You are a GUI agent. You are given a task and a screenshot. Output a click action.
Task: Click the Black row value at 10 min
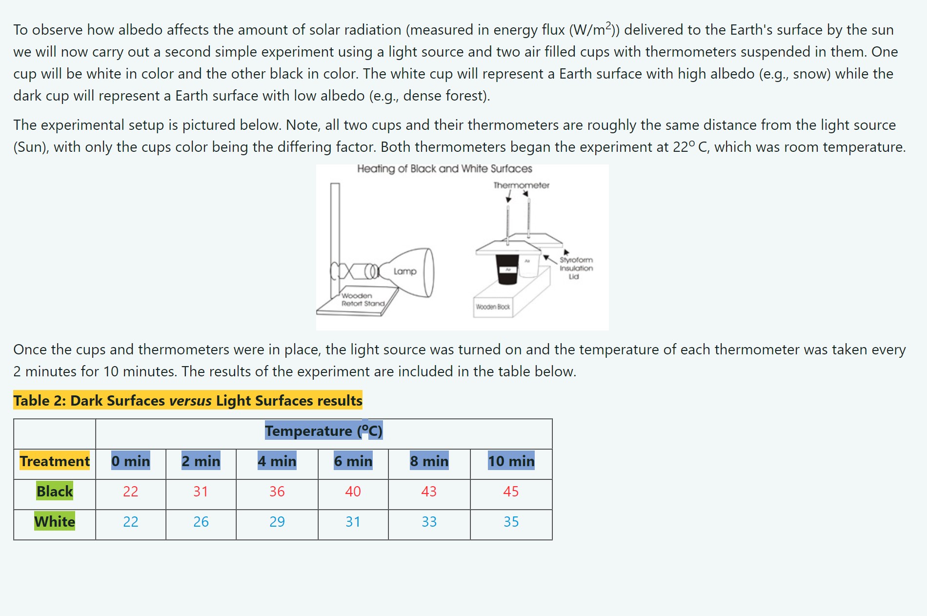511,492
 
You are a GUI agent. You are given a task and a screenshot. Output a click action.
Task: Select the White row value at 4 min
277,522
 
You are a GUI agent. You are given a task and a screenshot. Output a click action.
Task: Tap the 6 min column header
353,461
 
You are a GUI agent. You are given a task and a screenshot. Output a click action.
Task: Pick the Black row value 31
201,492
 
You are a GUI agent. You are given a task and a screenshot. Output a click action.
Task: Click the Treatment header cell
55,461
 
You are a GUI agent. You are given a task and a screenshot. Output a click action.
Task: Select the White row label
55,522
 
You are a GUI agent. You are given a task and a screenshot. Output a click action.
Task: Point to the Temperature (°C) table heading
323,431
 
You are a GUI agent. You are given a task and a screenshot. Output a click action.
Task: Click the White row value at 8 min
429,522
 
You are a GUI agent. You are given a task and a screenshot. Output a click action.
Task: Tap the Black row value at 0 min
130,492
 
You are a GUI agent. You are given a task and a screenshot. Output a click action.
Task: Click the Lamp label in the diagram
405,271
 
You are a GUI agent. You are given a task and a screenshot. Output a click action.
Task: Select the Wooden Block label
493,307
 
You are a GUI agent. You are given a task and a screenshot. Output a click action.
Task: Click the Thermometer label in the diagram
521,185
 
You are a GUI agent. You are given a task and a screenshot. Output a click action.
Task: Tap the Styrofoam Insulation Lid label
576,268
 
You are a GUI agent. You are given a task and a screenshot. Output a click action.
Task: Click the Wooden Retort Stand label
363,300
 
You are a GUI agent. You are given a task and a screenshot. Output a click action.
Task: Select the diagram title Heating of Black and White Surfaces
444,169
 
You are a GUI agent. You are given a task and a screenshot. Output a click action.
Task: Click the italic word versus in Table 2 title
190,401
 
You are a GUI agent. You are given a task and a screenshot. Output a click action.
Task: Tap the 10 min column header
511,461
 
